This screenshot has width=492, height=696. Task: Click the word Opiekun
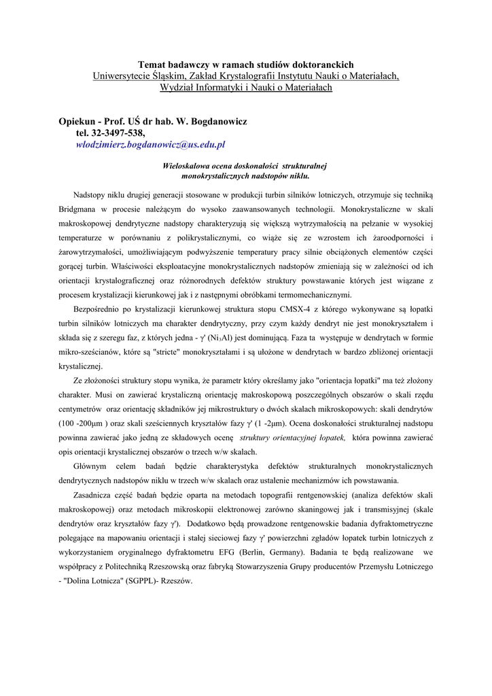79,121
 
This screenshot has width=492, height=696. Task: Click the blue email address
150,145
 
